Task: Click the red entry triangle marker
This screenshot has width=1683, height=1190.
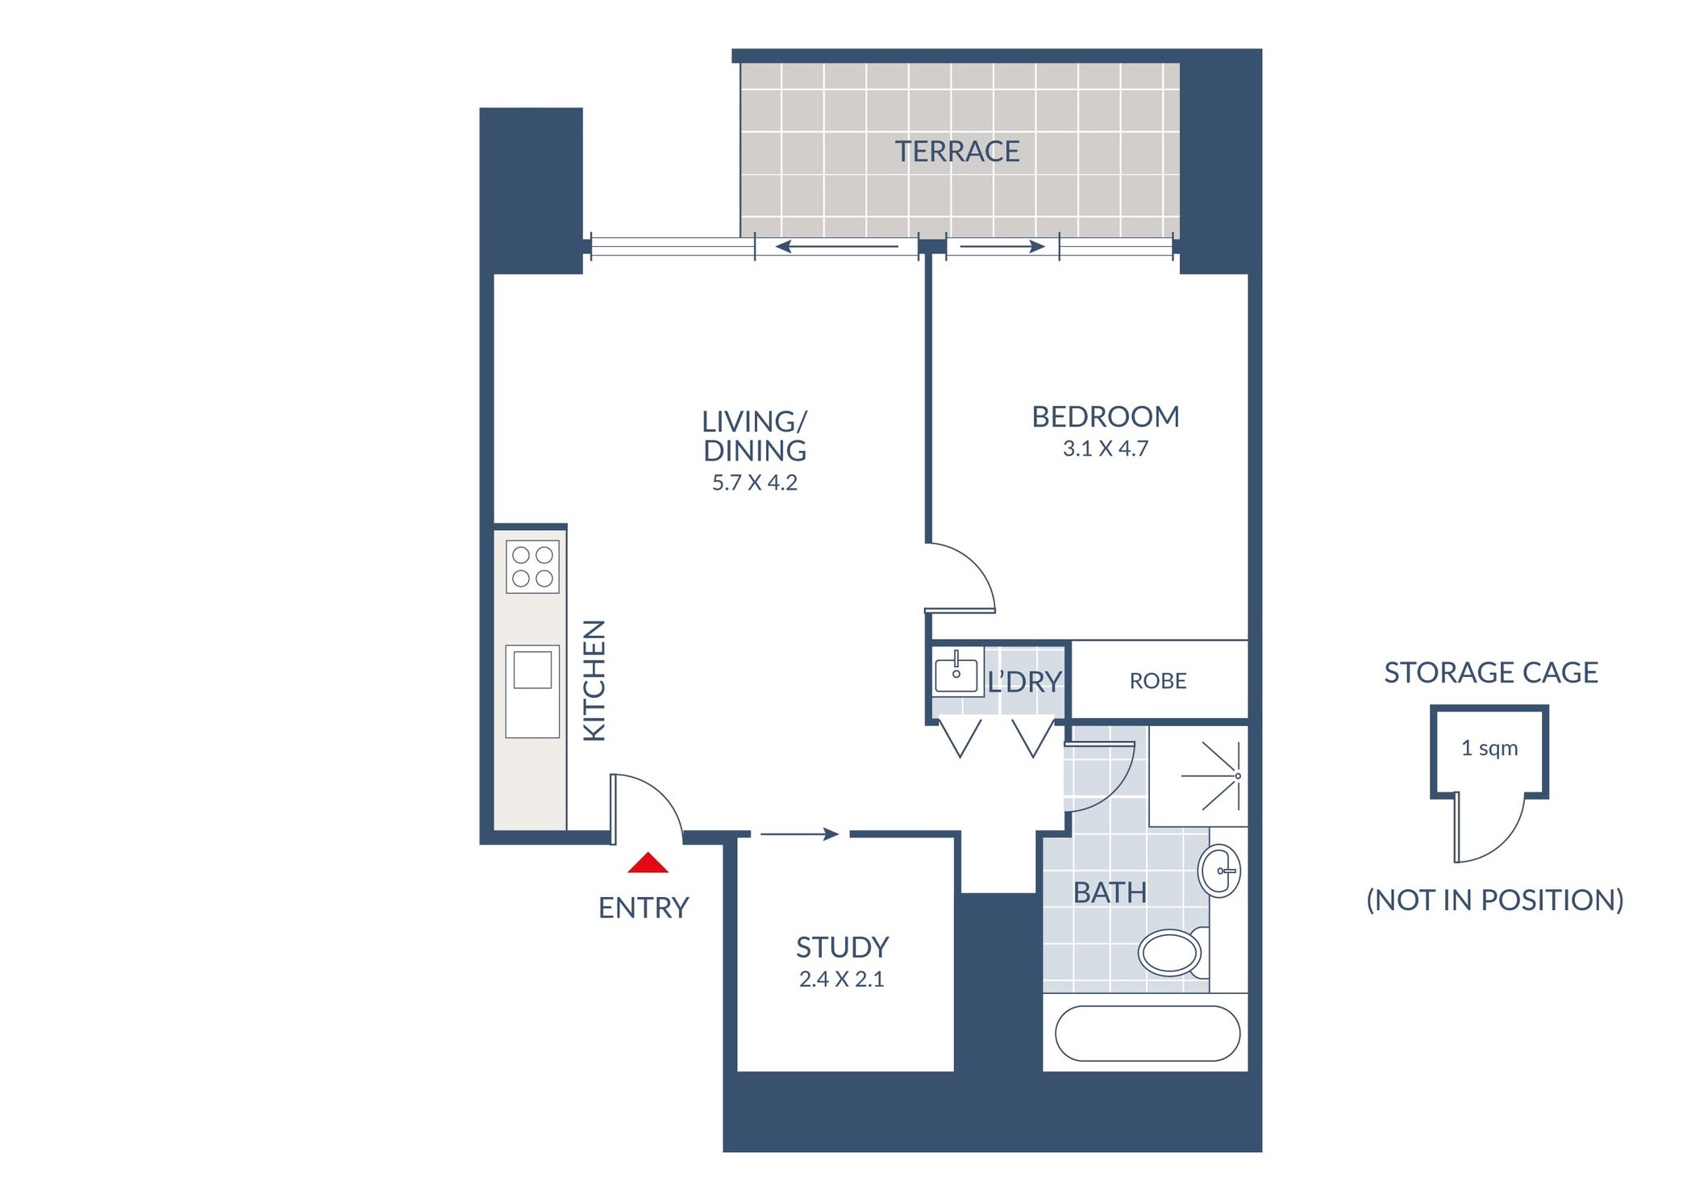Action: coord(648,863)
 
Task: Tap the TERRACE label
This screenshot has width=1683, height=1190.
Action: coord(957,152)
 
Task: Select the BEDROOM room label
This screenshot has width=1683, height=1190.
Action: coord(1106,417)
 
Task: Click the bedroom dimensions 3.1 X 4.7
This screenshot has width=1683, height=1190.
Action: coord(1106,449)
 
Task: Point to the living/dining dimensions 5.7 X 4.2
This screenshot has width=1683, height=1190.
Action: coord(755,482)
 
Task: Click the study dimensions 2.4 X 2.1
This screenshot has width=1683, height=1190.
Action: coord(842,979)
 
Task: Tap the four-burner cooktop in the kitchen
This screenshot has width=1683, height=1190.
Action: coord(533,567)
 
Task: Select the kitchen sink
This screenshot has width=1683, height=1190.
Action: coord(532,691)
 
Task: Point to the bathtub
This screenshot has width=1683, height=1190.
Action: coord(1148,1033)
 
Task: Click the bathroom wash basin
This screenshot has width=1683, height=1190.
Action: coord(1219,871)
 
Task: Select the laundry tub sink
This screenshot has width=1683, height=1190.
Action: coord(956,671)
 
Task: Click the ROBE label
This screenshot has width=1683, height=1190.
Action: coord(1158,681)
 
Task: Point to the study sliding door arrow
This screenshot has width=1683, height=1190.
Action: coord(800,834)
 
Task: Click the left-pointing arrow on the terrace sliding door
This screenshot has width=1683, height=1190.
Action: coord(836,247)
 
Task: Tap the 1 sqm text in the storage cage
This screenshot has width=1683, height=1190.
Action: coord(1489,748)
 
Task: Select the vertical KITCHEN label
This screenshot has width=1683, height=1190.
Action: coord(594,680)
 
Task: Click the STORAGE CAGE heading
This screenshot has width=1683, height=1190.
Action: coord(1491,672)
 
